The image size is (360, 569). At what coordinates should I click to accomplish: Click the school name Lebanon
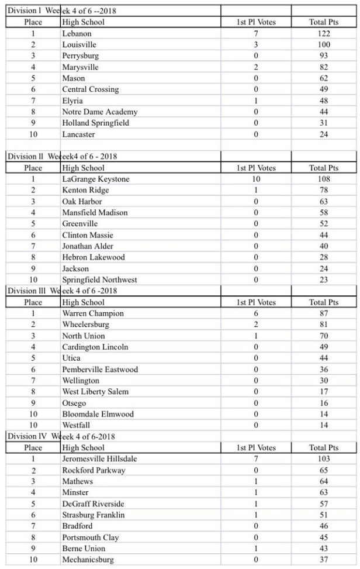pyautogui.click(x=77, y=33)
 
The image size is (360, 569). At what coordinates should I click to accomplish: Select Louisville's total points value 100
pyautogui.click(x=323, y=44)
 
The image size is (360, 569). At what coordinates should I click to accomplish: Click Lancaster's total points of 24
pyautogui.click(x=323, y=135)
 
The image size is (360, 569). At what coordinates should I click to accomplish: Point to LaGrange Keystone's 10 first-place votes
pyautogui.click(x=255, y=179)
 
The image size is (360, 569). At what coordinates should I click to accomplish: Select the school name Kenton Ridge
pyautogui.click(x=85, y=190)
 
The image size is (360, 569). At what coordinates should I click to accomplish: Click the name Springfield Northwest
pyautogui.click(x=99, y=280)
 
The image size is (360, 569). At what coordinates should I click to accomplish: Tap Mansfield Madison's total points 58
pyautogui.click(x=323, y=213)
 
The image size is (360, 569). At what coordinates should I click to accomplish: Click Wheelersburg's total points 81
pyautogui.click(x=323, y=325)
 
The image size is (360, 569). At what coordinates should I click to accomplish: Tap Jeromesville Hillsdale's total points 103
pyautogui.click(x=323, y=459)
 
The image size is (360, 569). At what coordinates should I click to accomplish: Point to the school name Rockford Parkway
pyautogui.click(x=94, y=470)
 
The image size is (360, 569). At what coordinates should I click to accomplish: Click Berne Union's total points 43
pyautogui.click(x=323, y=549)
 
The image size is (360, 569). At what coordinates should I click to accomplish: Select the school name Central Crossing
pyautogui.click(x=90, y=89)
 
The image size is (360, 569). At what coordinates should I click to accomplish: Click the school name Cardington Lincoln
pyautogui.click(x=95, y=347)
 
